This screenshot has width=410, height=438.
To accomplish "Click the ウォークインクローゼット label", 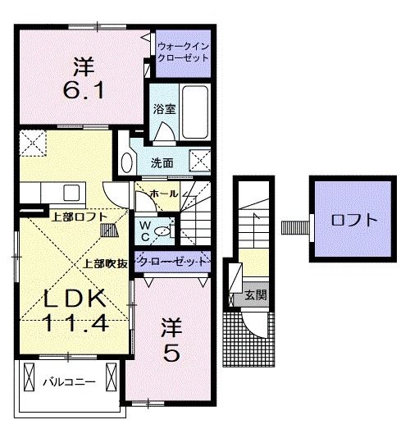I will pos(183,53).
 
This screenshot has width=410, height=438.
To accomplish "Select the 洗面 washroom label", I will pos(162,163).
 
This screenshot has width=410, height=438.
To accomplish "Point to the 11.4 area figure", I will pos(72,322).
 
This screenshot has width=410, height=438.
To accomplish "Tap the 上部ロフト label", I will pos(78,217).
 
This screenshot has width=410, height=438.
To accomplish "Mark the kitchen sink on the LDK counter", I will pos(69,194).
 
